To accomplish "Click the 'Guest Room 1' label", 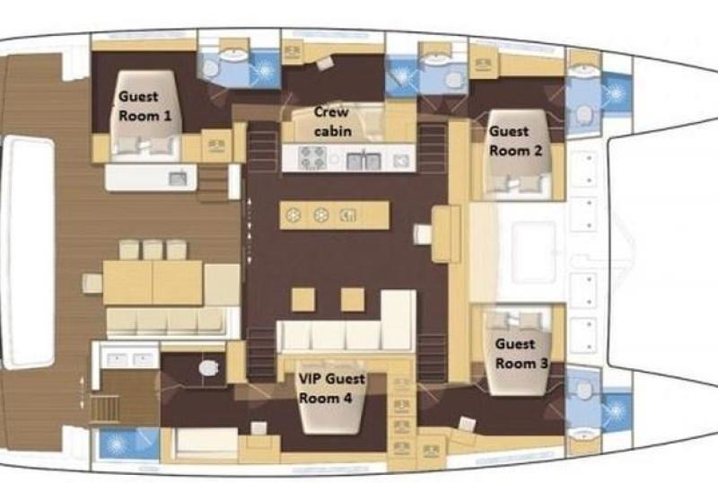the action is point(144,106).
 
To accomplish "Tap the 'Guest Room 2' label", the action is point(515,141).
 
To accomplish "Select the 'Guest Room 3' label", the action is point(521,354).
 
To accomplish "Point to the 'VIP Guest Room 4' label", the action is point(332,388).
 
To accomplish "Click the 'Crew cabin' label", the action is point(332,121).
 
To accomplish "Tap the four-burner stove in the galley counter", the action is point(312,158).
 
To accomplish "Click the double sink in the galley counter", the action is point(364,161).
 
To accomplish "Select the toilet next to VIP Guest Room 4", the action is point(208,367).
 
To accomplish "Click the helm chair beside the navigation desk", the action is point(422,234).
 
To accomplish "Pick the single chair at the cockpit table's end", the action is point(92,283).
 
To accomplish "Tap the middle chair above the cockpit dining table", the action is point(153,250).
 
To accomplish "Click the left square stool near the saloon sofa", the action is point(303,299).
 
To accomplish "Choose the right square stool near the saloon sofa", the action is point(353,299).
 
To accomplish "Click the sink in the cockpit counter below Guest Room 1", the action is point(178,179).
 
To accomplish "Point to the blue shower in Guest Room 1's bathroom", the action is point(264,70).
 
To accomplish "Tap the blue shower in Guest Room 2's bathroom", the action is point(617,93).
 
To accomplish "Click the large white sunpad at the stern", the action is point(29,252).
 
